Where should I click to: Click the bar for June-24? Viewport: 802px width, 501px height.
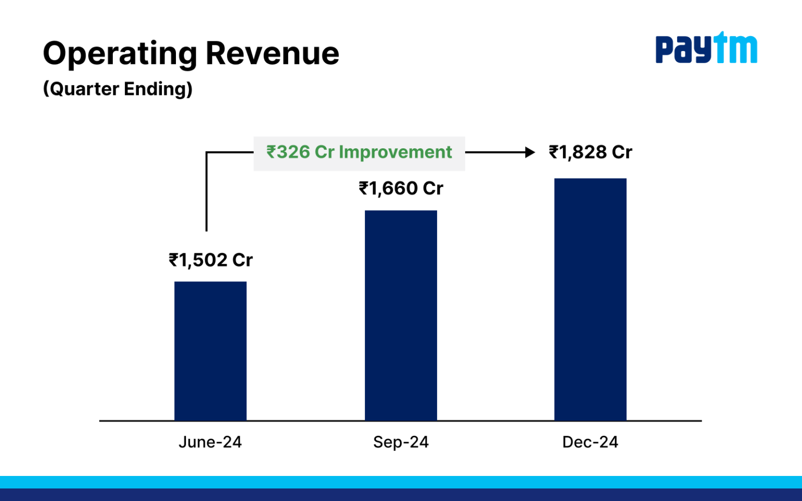tap(210, 351)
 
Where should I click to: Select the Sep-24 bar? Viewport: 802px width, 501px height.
tap(400, 315)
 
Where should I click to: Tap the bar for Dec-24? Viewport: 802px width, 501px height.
tap(590, 299)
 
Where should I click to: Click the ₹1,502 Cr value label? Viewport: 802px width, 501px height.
tap(210, 260)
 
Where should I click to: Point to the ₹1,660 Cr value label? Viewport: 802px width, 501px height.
tap(400, 188)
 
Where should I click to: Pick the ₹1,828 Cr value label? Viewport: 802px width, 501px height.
tap(590, 152)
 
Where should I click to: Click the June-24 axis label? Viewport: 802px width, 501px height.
tap(210, 442)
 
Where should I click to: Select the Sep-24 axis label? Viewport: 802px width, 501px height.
tap(400, 442)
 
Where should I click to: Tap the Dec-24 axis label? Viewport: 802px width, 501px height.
tap(590, 442)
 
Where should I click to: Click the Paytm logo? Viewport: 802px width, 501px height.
tap(706, 48)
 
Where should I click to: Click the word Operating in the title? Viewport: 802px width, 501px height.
tap(120, 54)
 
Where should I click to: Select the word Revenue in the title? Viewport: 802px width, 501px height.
tap(272, 54)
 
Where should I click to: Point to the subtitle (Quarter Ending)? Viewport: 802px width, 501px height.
tap(117, 89)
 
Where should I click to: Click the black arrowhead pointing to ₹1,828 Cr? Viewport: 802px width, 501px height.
tap(530, 152)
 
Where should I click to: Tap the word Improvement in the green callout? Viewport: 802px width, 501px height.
tap(395, 152)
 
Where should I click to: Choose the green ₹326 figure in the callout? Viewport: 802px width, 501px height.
tap(288, 152)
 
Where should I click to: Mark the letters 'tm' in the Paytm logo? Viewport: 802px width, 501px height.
tap(736, 48)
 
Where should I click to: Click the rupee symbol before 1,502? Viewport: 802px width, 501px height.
tap(173, 260)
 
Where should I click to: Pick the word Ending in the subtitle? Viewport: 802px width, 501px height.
tap(158, 89)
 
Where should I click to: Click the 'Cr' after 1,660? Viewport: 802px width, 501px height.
tap(433, 188)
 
